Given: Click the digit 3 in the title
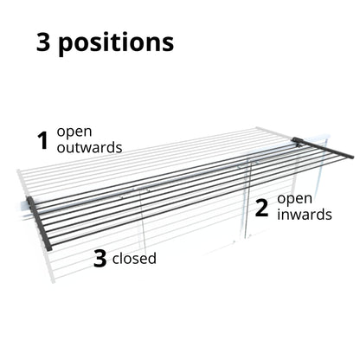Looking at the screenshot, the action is [x=43, y=42].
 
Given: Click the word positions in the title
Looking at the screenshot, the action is [x=116, y=43].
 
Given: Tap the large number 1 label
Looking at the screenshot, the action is [x=43, y=140].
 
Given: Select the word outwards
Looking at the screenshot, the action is [x=89, y=147].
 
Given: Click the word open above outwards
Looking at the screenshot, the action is [x=74, y=132].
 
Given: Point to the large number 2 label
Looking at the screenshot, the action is [x=261, y=209].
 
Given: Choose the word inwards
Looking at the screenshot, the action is [x=305, y=215].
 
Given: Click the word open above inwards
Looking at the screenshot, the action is [x=295, y=200].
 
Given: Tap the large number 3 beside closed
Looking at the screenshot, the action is [x=100, y=259].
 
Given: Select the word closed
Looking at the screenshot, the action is [x=134, y=258].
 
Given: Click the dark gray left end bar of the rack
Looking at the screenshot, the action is [x=40, y=223].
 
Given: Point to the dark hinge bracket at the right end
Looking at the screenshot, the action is [x=297, y=142].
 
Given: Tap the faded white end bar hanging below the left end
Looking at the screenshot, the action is [x=49, y=266].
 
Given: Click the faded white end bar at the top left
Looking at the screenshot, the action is [x=22, y=184].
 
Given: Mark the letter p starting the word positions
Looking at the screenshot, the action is [x=66, y=46].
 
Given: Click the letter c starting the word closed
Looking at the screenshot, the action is [x=116, y=260].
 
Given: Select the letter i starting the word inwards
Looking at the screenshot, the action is [x=279, y=214].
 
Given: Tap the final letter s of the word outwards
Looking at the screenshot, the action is [x=119, y=149].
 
